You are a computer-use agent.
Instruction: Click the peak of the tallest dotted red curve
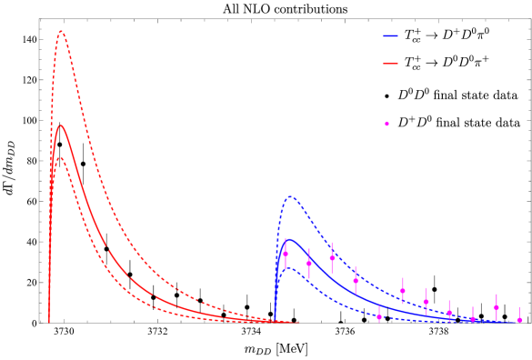(x=61, y=31)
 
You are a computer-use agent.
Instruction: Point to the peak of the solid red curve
(x=61, y=125)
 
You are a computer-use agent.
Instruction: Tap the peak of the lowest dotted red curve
(x=61, y=157)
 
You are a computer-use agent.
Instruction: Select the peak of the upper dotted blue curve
(x=290, y=196)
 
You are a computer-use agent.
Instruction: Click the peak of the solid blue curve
(x=288, y=239)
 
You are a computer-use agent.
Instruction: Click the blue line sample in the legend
(x=390, y=36)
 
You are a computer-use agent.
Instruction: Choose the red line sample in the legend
(x=390, y=64)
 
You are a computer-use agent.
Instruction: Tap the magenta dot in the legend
(x=386, y=124)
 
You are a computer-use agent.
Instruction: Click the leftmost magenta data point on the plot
(x=286, y=254)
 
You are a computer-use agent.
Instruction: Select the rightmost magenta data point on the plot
(x=519, y=320)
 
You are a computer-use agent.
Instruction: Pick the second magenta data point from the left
(x=309, y=264)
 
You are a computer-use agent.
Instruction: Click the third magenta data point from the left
(x=332, y=257)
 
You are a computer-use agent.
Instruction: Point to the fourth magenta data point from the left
(x=356, y=280)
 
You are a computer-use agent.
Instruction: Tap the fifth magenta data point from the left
(x=379, y=316)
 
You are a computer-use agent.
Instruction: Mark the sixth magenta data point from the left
(x=402, y=291)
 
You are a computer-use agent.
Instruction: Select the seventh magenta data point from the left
(x=426, y=302)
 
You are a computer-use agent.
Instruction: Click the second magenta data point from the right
(x=496, y=307)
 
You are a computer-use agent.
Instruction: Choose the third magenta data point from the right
(x=473, y=319)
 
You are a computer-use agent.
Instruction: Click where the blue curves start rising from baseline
(x=275, y=321)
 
